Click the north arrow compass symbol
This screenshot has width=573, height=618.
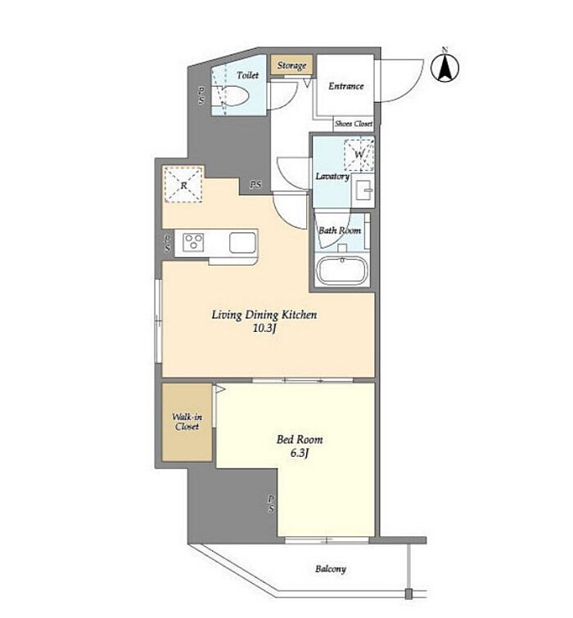[x=444, y=67]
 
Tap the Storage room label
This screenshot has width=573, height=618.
[x=291, y=65]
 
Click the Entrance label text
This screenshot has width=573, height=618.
[x=346, y=86]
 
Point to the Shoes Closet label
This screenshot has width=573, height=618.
[x=354, y=123]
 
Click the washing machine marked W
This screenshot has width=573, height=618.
[x=359, y=154]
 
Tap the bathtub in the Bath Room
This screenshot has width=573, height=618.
[x=342, y=271]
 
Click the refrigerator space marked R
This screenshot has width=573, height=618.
[x=183, y=185]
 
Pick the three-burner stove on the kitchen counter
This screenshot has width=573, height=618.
[x=193, y=242]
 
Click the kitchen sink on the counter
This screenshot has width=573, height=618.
[x=242, y=243]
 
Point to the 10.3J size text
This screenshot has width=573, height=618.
[x=264, y=328]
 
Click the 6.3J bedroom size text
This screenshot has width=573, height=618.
[x=300, y=453]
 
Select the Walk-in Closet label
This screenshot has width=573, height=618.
[x=187, y=421]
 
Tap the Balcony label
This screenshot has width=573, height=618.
[x=331, y=569]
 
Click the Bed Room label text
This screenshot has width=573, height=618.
[x=300, y=439]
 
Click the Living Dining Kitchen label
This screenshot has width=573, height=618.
[x=264, y=315]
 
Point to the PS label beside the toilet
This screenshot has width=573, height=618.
[x=201, y=95]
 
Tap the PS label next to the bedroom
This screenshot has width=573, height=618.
[x=271, y=504]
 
